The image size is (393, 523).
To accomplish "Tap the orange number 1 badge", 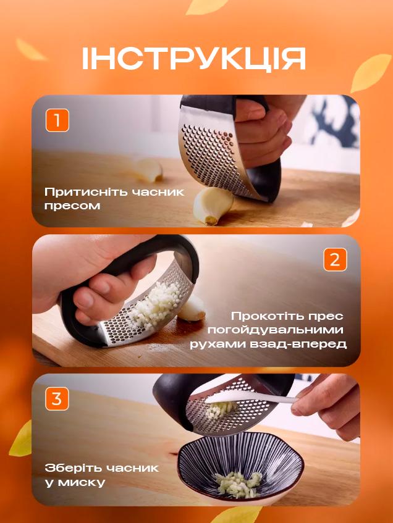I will coord(57,120).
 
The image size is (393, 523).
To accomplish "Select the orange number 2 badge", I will coord(334,259).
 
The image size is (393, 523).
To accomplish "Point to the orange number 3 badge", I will coord(56,399).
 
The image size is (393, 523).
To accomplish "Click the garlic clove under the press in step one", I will coord(212,205).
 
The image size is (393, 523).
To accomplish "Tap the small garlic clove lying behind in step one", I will coord(149,169).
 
